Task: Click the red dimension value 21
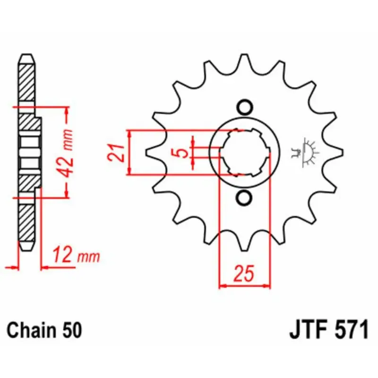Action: [116, 153]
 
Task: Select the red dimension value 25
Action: [244, 274]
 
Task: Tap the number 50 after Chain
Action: [72, 330]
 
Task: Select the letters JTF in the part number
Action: [309, 329]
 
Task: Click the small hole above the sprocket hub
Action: [244, 106]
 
